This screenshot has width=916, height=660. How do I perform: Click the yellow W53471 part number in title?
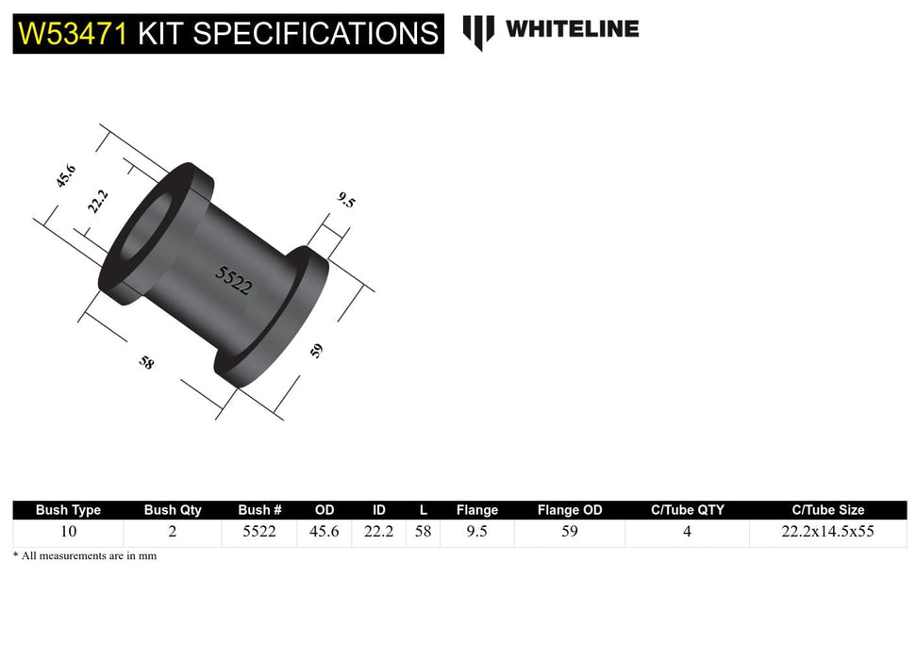(74, 34)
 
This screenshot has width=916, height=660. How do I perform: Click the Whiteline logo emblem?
(478, 31)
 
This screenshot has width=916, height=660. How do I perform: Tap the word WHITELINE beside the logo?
(572, 29)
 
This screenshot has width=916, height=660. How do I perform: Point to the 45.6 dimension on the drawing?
(65, 176)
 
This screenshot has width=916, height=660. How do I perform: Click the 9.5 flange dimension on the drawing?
(346, 200)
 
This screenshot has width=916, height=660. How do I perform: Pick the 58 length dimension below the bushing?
(146, 362)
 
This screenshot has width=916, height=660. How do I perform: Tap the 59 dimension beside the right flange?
(317, 351)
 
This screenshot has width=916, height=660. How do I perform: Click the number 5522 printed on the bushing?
(234, 280)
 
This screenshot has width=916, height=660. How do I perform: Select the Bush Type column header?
(68, 510)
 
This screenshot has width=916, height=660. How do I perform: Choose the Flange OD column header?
(570, 510)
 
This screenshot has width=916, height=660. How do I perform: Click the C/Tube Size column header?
(828, 510)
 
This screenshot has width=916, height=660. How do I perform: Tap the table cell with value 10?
(68, 532)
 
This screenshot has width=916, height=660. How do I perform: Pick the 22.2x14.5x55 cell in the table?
(828, 532)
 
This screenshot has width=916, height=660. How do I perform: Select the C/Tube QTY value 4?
(687, 532)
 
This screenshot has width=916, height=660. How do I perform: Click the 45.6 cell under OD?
(325, 532)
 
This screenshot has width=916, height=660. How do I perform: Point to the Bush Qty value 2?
(173, 532)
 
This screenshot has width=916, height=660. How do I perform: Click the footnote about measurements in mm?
(85, 556)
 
